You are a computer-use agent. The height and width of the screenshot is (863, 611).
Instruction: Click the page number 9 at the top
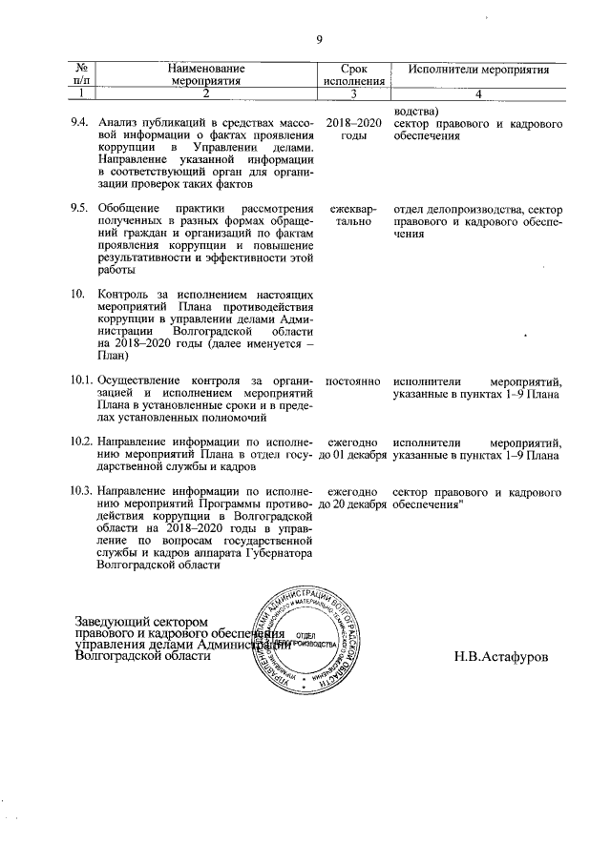click(319, 39)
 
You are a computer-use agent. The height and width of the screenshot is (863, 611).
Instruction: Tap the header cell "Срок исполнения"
click(353, 76)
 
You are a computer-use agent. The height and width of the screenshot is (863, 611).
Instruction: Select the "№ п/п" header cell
click(83, 76)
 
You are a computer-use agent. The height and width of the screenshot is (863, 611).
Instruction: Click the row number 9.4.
click(81, 123)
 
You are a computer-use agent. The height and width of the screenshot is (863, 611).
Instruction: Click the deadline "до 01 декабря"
click(353, 456)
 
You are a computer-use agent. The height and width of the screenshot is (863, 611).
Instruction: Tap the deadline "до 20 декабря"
click(353, 504)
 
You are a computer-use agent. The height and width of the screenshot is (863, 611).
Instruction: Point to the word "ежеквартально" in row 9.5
click(353, 216)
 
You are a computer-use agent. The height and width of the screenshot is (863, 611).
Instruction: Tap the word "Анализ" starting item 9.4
click(119, 123)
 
